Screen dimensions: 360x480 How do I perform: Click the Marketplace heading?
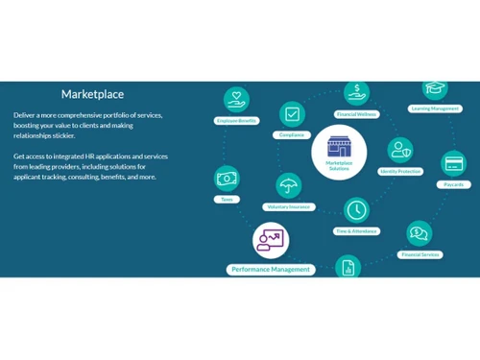tap(93, 94)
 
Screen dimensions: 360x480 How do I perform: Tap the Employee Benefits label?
tap(236, 121)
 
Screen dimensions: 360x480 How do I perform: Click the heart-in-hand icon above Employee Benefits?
tap(236, 100)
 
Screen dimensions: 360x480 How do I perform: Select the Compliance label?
tap(292, 135)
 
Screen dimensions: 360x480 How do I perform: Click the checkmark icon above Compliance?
tap(293, 114)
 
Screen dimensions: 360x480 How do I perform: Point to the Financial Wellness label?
tap(356, 114)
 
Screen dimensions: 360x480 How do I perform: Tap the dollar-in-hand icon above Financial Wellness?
tap(356, 93)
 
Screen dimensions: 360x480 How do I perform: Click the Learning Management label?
tap(435, 108)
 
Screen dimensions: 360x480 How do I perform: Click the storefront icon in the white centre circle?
tap(339, 147)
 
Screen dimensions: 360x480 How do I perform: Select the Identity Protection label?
tap(400, 171)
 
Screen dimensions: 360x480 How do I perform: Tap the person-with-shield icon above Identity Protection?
tap(400, 150)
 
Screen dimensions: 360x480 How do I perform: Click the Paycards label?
tap(453, 184)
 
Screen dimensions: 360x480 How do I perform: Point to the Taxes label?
tap(227, 199)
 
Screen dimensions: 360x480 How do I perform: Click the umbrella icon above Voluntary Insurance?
tap(287, 185)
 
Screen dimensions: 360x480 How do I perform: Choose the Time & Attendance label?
tap(356, 231)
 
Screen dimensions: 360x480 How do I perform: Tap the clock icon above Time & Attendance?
tap(356, 209)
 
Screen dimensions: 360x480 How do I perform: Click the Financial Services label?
tap(420, 254)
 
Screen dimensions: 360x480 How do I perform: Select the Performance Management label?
tap(271, 270)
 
